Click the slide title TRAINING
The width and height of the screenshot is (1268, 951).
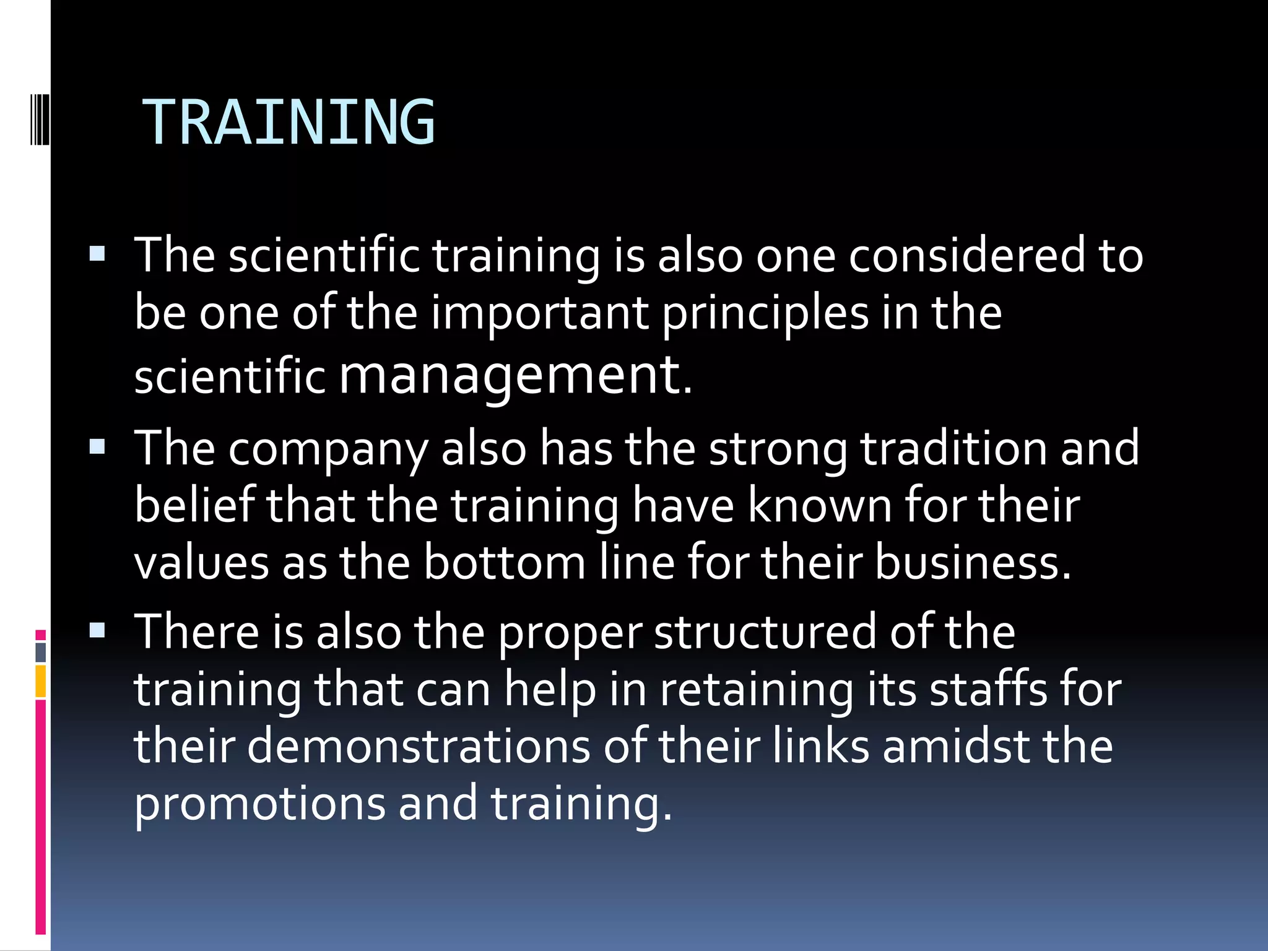(x=289, y=123)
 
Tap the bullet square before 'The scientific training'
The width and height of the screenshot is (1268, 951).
(x=97, y=254)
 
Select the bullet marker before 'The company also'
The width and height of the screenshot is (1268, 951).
(x=97, y=446)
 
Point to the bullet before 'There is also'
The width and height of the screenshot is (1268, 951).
(x=97, y=630)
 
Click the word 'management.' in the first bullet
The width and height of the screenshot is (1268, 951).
(x=516, y=375)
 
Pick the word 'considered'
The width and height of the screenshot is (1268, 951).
(x=966, y=255)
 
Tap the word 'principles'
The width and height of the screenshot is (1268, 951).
(x=765, y=313)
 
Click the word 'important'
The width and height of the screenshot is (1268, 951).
(x=539, y=313)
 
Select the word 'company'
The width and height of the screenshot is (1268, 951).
(x=328, y=449)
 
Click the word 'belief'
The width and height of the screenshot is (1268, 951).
(x=194, y=505)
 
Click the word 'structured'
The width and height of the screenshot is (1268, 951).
(x=765, y=632)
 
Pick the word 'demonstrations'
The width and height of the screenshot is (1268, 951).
(x=419, y=746)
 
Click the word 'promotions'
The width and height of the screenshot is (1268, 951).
(x=259, y=804)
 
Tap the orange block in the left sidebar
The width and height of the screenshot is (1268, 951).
(x=40, y=681)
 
